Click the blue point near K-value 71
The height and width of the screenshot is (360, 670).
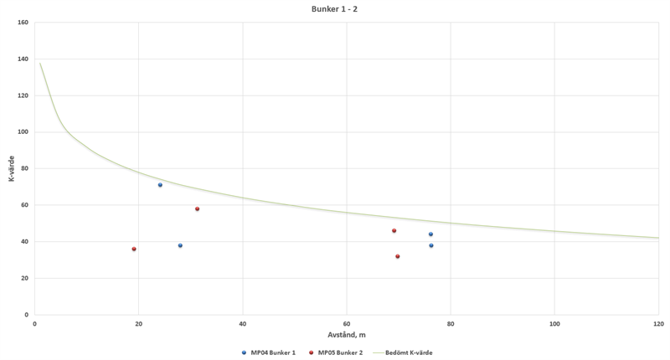pos(160,185)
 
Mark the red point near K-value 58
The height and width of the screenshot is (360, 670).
pos(198,208)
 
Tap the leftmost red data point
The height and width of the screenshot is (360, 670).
pos(134,249)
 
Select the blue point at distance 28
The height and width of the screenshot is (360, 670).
pos(180,245)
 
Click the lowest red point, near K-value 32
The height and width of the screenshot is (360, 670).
pos(398,256)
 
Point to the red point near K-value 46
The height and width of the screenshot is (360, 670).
pos(394,231)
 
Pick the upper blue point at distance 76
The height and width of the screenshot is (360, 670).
pos(430,234)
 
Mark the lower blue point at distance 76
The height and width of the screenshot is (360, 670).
pos(430,245)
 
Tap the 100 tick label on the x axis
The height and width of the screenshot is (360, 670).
pos(554,322)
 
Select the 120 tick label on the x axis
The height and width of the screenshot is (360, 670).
pos(658,322)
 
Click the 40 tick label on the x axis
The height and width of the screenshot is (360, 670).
pos(242,322)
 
